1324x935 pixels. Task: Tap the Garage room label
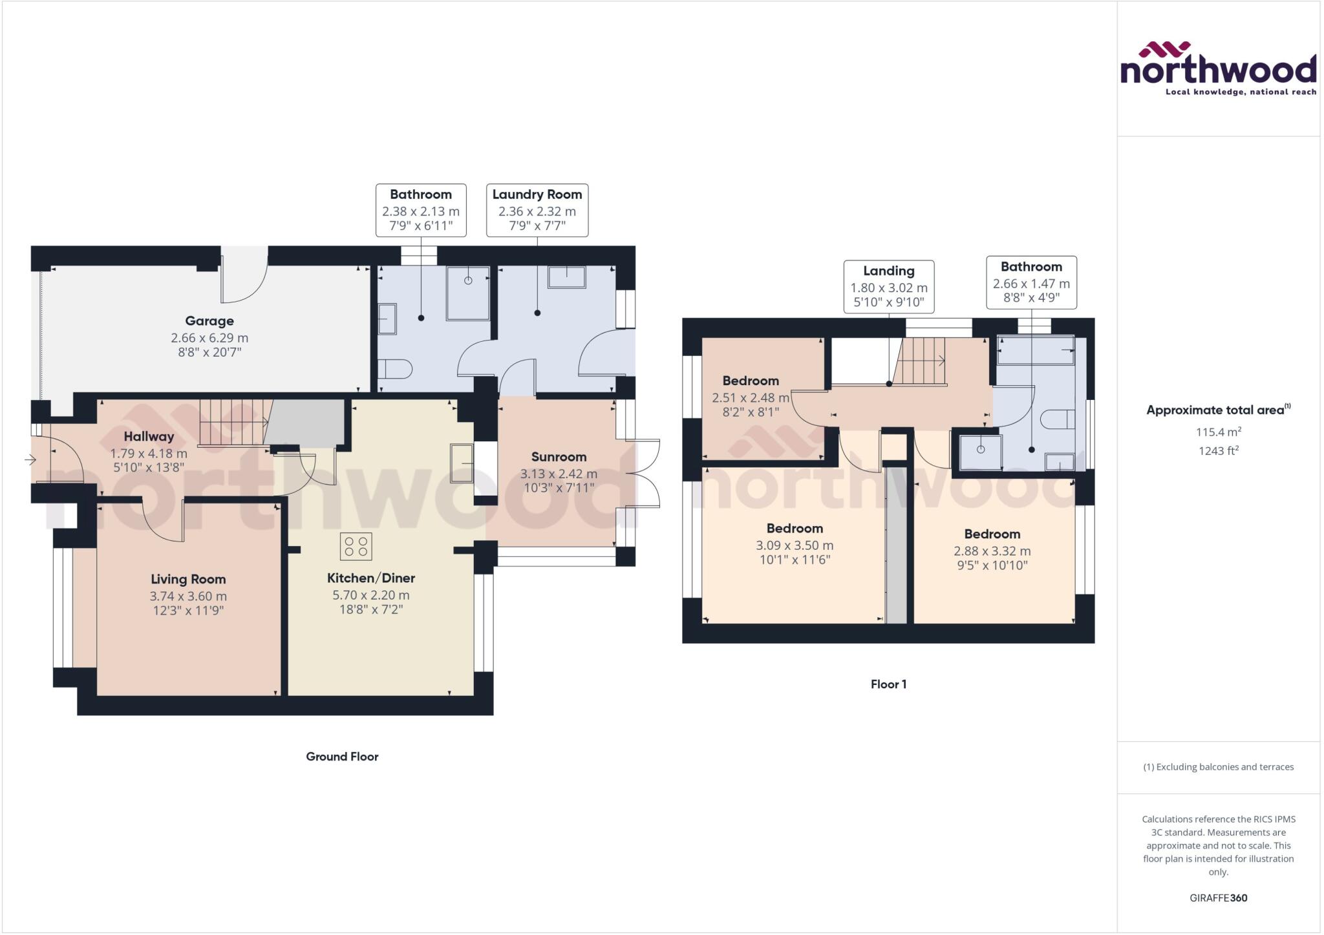click(209, 320)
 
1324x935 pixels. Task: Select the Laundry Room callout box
click(537, 210)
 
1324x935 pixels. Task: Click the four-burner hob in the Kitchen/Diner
click(356, 545)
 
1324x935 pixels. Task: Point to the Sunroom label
click(559, 457)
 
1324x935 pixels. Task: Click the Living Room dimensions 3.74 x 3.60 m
click(188, 596)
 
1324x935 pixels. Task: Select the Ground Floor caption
click(342, 756)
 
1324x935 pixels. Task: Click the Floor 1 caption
click(888, 684)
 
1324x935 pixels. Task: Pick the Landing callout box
click(888, 286)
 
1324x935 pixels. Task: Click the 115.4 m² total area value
click(1218, 432)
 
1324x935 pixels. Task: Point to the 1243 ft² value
click(1218, 450)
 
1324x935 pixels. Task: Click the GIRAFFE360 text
click(1218, 898)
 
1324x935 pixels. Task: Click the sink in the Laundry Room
click(566, 277)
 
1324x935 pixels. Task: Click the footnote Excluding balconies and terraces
click(1218, 767)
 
